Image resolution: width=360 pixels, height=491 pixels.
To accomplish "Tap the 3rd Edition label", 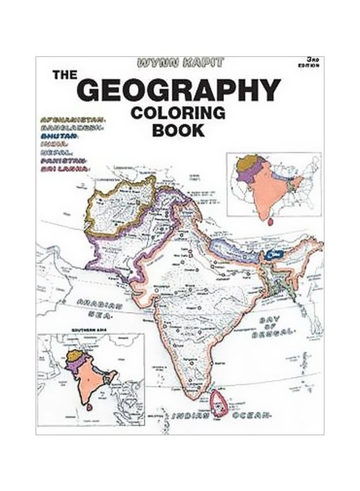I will click(x=310, y=61).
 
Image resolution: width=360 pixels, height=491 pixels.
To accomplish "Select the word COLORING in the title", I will click(x=178, y=113).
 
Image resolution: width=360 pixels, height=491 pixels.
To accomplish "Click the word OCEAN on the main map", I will click(x=252, y=416).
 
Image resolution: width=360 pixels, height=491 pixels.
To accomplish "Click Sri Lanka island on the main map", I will click(x=220, y=402).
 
